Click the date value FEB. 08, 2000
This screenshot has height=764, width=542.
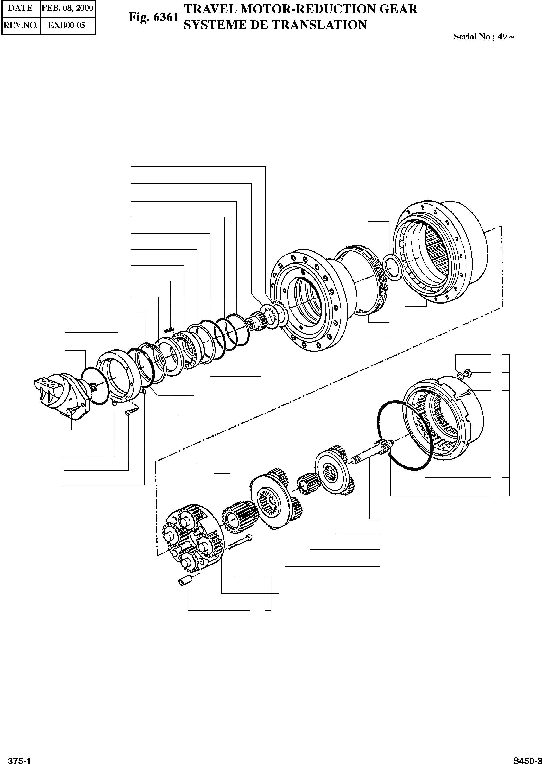tap(67, 8)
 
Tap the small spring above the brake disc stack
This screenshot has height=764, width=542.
tap(169, 330)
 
